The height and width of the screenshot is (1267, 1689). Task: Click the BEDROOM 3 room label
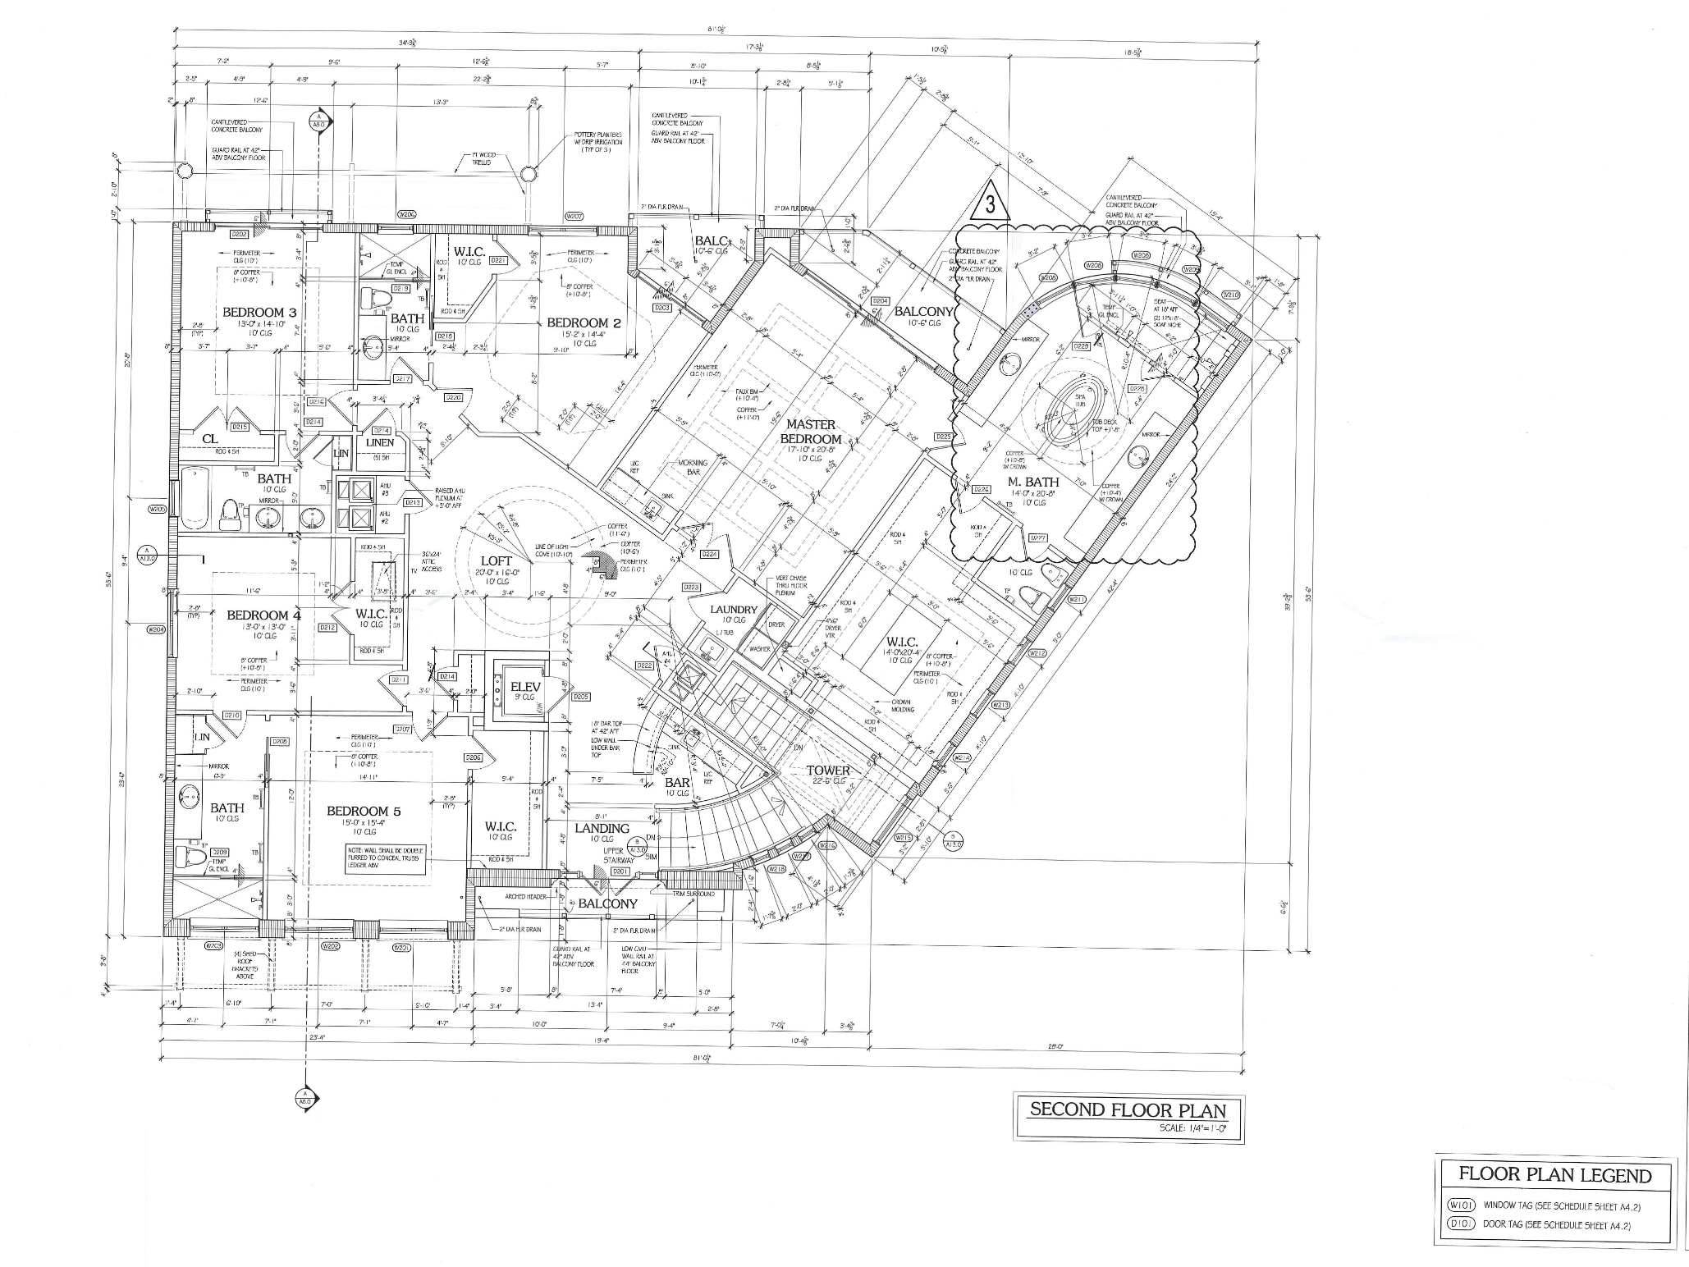(x=259, y=313)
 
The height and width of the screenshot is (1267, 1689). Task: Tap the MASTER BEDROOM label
(x=811, y=432)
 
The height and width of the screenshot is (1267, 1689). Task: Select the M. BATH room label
(x=1033, y=483)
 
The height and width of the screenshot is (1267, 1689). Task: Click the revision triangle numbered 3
(x=991, y=205)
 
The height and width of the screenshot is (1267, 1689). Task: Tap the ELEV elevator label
(x=523, y=686)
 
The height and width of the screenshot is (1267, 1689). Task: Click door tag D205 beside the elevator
(x=580, y=697)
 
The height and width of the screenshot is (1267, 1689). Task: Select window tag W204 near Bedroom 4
(x=157, y=629)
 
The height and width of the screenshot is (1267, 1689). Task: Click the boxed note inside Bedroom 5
(x=386, y=859)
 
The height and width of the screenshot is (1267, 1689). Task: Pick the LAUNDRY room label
(x=734, y=609)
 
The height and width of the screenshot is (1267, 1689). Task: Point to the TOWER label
(x=828, y=771)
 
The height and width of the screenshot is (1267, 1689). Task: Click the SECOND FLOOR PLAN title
(x=1128, y=1110)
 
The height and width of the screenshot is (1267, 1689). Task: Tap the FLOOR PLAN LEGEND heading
(x=1554, y=1175)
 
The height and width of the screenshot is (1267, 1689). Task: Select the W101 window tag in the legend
(x=1462, y=1205)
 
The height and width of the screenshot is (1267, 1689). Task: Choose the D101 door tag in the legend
(x=1462, y=1224)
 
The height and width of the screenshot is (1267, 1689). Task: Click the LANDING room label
(x=602, y=828)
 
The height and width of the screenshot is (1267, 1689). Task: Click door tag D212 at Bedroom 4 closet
(x=327, y=628)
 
